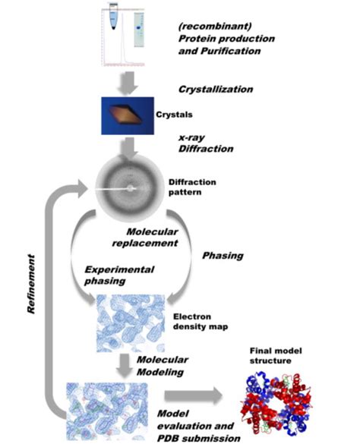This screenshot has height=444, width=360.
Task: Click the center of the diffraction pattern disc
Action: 131,186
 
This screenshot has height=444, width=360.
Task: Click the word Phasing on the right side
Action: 223,256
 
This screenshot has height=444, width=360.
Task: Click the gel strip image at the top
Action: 139,27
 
